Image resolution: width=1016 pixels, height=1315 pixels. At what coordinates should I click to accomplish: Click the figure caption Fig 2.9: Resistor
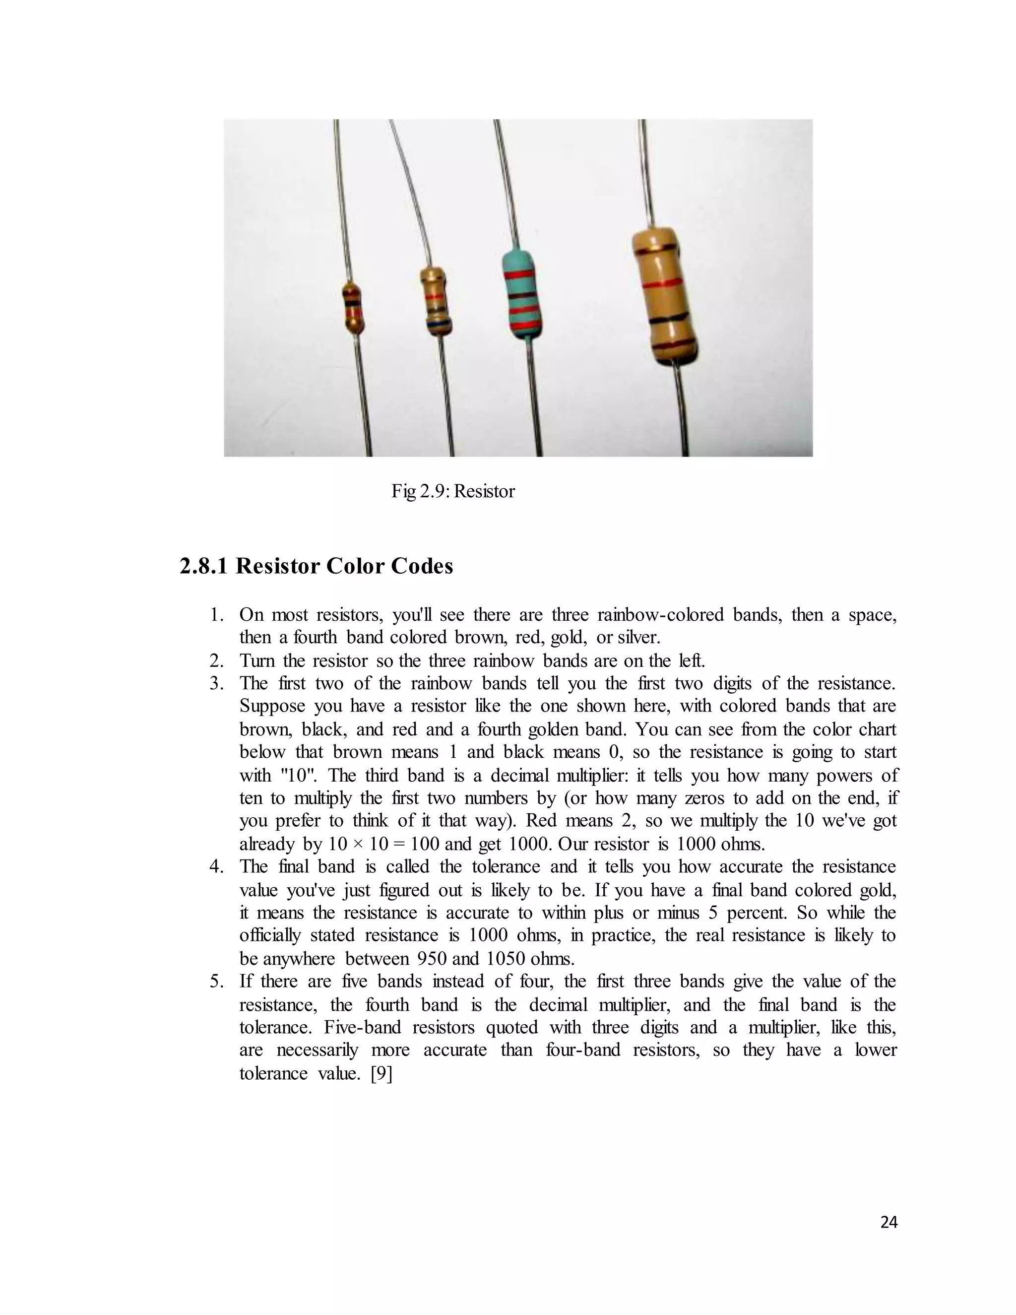452,491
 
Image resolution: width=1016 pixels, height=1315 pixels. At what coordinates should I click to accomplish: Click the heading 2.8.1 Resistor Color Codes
316,566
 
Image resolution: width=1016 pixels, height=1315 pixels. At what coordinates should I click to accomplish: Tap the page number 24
889,1222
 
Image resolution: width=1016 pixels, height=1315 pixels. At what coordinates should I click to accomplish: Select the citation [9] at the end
381,1073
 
